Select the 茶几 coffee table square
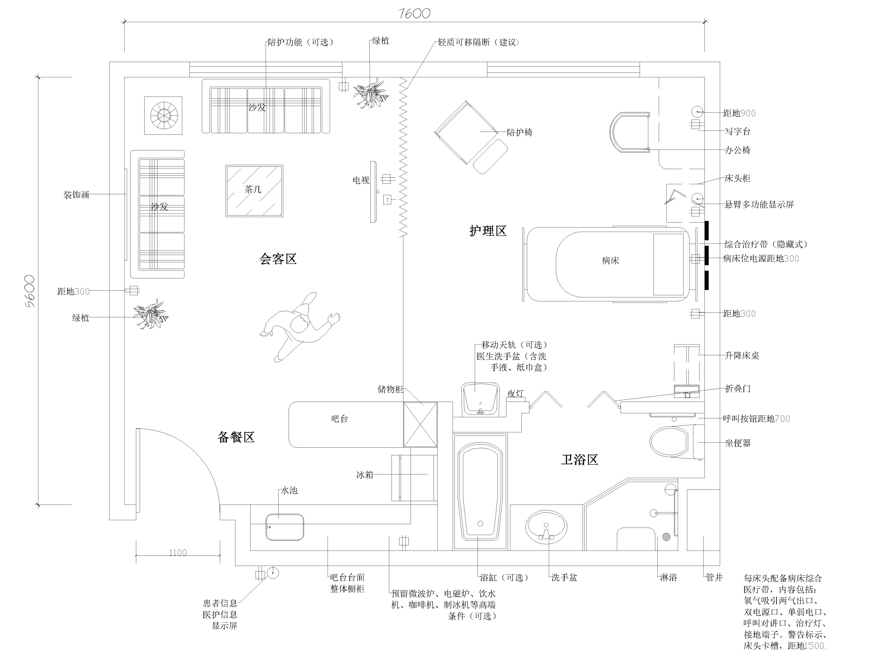254,191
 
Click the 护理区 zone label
488,231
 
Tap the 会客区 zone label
278,259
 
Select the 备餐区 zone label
236,437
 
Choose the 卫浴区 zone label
579,460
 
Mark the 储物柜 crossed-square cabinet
420,425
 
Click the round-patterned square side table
163,115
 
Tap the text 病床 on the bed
610,261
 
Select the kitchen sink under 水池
285,527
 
